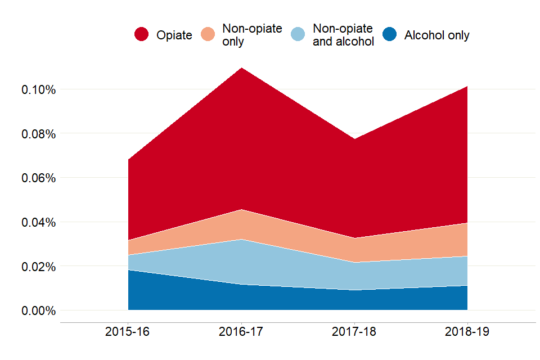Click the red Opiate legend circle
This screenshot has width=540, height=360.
pyautogui.click(x=141, y=35)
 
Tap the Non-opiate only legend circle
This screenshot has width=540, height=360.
pyautogui.click(x=209, y=35)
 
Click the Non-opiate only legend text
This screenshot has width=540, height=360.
pyautogui.click(x=252, y=35)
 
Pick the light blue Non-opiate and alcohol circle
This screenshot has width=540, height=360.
pyautogui.click(x=298, y=35)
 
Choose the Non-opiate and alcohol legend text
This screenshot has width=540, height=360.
pyautogui.click(x=343, y=35)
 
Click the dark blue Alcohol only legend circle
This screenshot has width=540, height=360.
pyautogui.click(x=389, y=35)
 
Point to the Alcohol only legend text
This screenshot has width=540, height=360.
pyautogui.click(x=436, y=35)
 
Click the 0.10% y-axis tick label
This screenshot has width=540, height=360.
pyautogui.click(x=38, y=89)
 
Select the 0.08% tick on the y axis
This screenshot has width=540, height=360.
pyautogui.click(x=38, y=134)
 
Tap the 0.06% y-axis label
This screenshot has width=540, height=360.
pyautogui.click(x=38, y=178)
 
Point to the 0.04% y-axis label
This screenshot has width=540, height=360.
pyautogui.click(x=38, y=222)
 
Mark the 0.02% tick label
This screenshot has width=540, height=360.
pyautogui.click(x=38, y=266)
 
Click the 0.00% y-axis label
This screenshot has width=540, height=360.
pyautogui.click(x=38, y=310)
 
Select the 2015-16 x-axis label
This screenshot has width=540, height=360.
pyautogui.click(x=128, y=332)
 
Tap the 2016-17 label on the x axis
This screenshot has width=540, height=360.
pyautogui.click(x=241, y=332)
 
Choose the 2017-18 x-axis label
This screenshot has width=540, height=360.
pyautogui.click(x=354, y=332)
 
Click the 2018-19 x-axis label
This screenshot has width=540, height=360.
pyautogui.click(x=467, y=332)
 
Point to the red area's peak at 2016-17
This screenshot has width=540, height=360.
pyautogui.click(x=241, y=68)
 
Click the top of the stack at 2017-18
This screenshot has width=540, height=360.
pyautogui.click(x=354, y=139)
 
